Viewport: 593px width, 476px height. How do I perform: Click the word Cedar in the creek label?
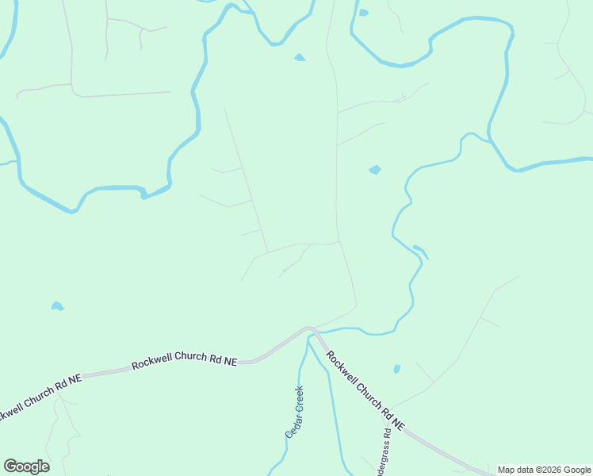(291, 425)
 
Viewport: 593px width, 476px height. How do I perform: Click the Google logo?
(26, 466)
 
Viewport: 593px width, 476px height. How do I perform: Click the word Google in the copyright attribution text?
(579, 470)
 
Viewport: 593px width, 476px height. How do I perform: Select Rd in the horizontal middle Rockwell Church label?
(210, 360)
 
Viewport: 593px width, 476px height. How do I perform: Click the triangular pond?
(300, 57)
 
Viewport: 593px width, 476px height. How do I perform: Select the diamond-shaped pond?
(375, 169)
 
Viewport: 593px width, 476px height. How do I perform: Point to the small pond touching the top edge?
(363, 12)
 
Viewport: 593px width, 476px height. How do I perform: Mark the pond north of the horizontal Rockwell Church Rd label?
(56, 306)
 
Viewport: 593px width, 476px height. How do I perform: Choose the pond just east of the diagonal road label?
(397, 369)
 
